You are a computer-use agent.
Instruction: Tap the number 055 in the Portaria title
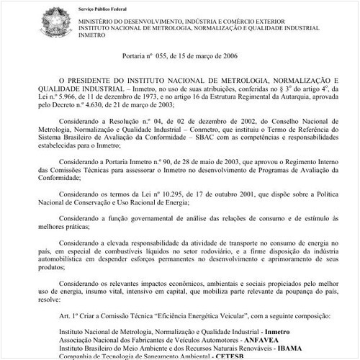click(168, 56)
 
